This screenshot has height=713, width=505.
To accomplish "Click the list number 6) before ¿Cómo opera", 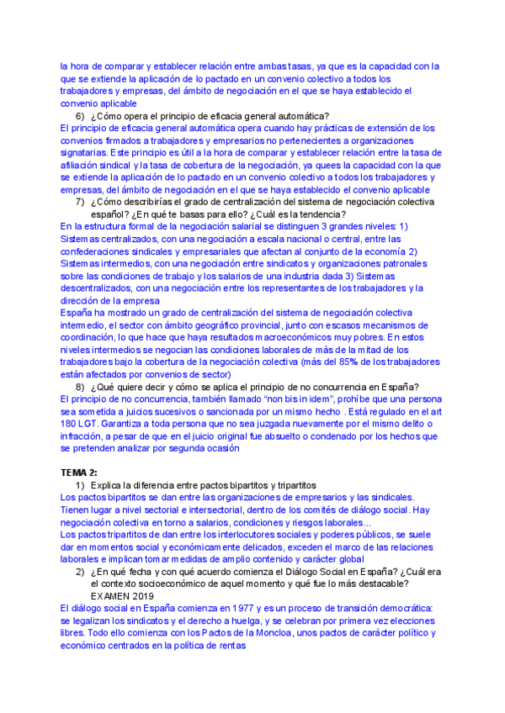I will coord(80,115).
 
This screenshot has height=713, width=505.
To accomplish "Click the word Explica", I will coord(108,485).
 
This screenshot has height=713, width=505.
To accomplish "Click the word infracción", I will coord(84,437).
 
